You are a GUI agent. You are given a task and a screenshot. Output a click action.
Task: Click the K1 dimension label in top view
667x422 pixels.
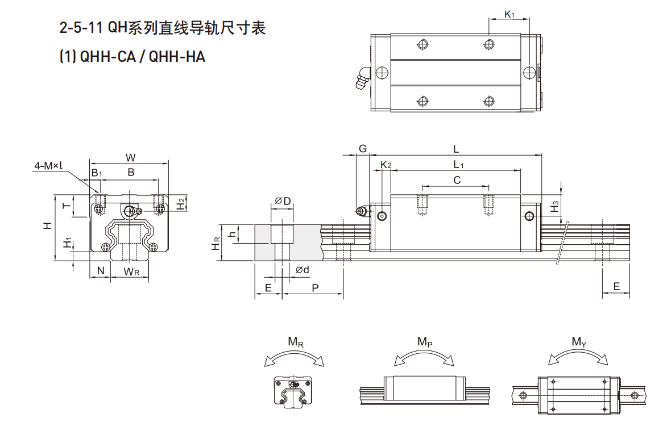509,14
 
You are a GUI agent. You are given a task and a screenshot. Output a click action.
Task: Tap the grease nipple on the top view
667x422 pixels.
362,78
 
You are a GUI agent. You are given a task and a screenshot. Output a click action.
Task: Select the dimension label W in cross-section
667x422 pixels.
130,157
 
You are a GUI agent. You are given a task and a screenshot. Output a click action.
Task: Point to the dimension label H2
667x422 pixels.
181,203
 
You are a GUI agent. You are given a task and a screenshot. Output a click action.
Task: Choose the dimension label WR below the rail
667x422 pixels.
131,271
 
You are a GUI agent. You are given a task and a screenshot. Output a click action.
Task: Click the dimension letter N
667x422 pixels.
101,271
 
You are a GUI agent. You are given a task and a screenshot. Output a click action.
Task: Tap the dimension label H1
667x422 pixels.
68,243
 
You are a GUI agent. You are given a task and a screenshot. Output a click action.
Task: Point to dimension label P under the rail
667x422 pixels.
315,288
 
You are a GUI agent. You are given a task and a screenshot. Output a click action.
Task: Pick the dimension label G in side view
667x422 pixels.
362,149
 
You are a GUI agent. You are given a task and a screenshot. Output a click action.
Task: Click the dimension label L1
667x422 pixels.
459,165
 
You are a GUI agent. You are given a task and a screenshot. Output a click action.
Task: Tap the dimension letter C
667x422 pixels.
456,180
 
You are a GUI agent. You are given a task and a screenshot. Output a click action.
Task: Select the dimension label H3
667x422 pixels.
556,207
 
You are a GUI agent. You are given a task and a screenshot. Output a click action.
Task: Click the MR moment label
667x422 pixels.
295,342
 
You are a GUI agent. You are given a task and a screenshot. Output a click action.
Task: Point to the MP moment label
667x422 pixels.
425,341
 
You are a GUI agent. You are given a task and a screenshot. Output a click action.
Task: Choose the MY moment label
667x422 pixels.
578,341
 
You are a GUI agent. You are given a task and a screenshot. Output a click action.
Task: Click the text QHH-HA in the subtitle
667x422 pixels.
177,57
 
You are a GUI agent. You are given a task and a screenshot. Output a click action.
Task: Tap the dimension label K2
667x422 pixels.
386,165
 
